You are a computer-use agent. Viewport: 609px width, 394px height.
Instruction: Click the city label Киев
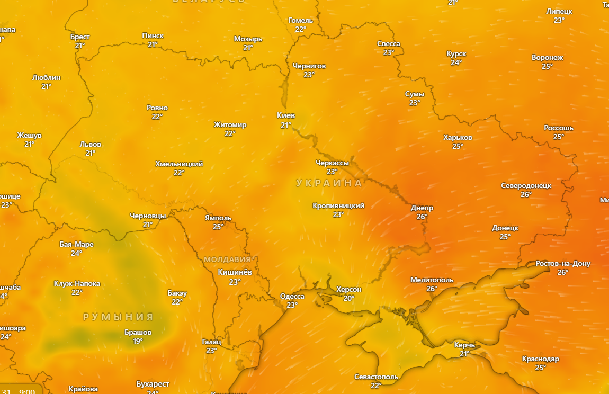coord(286,115)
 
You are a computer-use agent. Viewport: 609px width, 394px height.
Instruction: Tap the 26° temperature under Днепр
coord(422,217)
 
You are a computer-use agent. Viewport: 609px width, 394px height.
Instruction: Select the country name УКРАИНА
coord(329,183)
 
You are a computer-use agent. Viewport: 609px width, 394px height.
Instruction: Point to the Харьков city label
coord(458,138)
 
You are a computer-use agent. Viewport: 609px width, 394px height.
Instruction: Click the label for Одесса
coord(292,296)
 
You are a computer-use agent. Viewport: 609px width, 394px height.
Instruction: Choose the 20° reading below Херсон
coord(348,298)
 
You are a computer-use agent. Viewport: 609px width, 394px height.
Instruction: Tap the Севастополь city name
coord(376,377)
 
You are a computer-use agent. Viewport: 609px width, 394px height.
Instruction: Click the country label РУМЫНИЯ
coord(118,317)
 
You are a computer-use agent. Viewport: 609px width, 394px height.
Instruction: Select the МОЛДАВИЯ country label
coord(227,259)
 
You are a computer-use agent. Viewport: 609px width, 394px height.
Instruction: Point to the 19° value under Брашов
coord(138,341)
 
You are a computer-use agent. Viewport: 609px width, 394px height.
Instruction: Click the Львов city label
coord(90,144)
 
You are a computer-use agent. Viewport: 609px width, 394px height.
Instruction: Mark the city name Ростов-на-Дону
coord(562,263)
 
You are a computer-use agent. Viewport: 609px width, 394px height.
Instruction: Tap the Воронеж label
coord(547,57)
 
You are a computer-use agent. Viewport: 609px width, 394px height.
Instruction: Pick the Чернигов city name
coord(309,66)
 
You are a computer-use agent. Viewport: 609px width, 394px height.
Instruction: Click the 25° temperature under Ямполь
coord(218,227)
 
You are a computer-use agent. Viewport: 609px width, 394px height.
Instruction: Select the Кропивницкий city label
coord(338,205)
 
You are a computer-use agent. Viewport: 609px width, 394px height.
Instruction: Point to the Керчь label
coord(464,345)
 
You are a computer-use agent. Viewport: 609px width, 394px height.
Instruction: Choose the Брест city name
coord(80,37)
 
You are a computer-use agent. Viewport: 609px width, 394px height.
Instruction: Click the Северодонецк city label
coord(526,185)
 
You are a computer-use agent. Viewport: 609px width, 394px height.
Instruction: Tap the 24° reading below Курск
coord(456,62)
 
